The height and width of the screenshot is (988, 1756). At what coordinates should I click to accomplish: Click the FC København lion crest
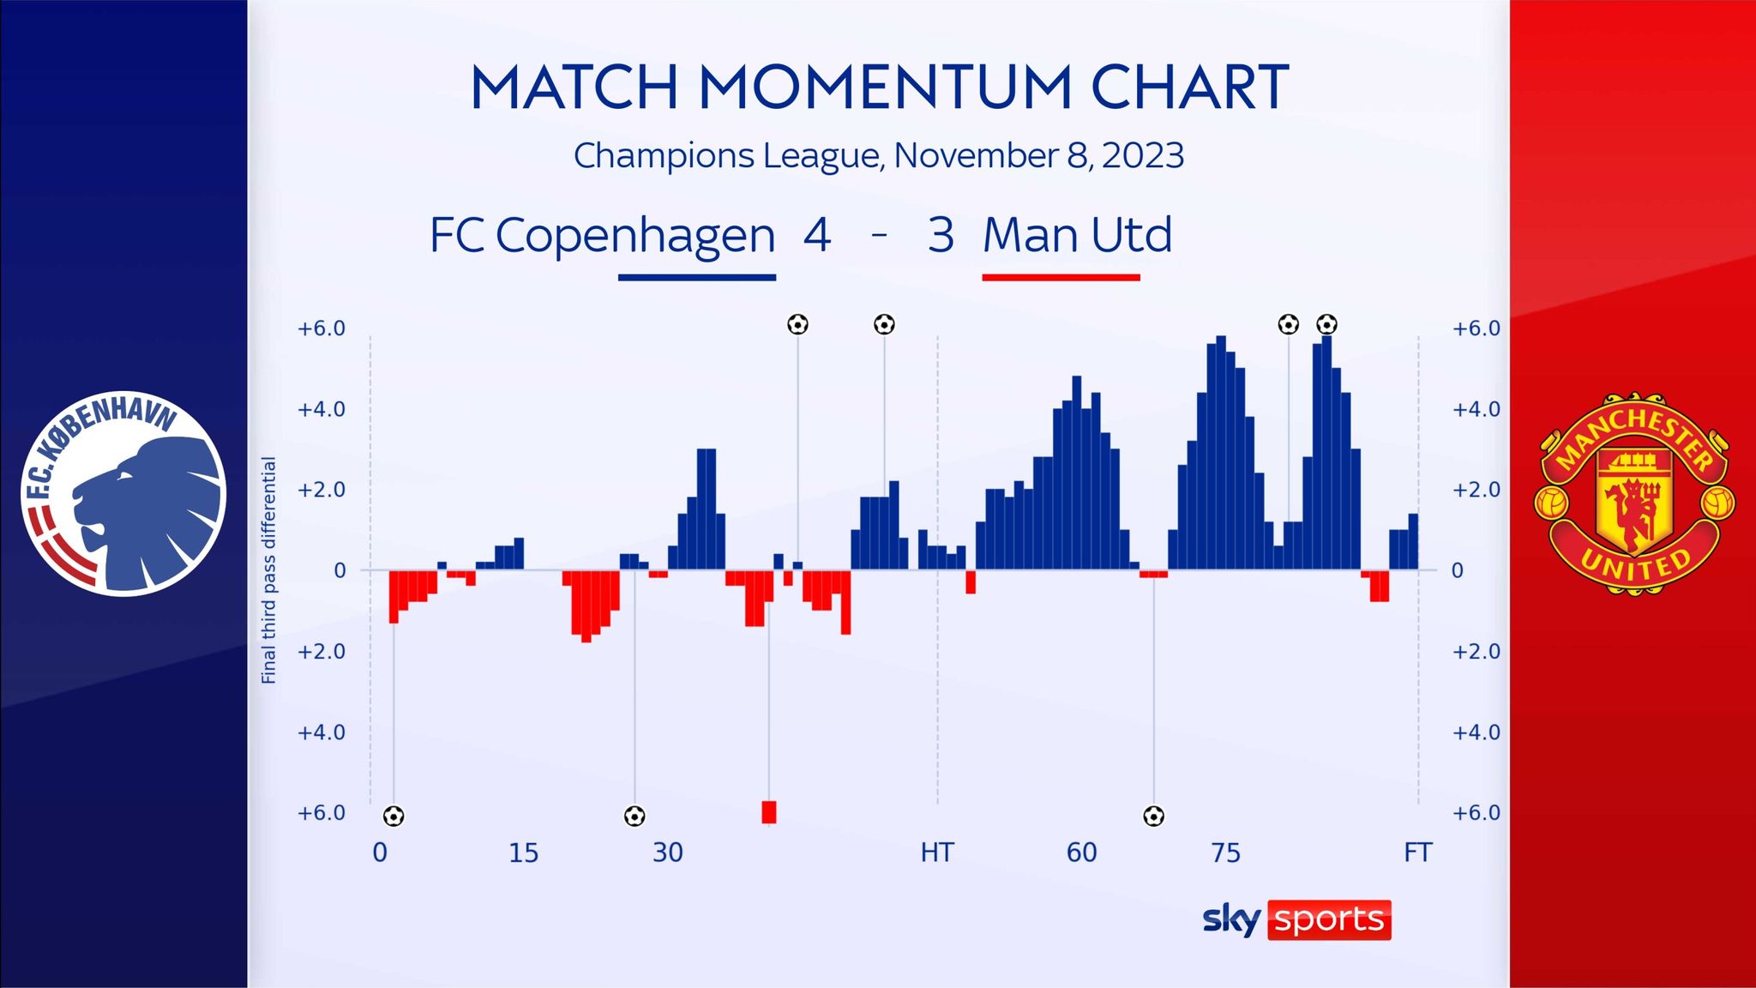tap(123, 494)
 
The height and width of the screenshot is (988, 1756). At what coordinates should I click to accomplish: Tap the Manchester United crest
tap(1633, 494)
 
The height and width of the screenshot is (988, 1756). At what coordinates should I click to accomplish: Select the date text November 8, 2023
tap(1038, 156)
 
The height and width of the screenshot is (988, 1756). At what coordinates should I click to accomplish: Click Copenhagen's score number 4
tap(816, 235)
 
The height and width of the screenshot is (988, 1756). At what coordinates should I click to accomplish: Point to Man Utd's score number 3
tap(941, 235)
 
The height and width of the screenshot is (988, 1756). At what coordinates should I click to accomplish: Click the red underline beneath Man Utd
tap(1061, 277)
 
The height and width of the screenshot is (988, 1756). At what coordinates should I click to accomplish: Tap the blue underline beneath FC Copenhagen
tap(697, 277)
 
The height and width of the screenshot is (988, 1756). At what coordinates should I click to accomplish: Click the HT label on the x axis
tap(937, 852)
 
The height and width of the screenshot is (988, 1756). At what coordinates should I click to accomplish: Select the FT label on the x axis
tap(1417, 852)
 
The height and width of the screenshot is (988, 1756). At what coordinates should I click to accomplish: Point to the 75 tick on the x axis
tap(1225, 852)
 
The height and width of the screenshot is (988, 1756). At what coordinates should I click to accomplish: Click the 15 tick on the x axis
tap(523, 852)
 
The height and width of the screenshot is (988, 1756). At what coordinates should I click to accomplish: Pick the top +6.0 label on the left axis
tap(321, 328)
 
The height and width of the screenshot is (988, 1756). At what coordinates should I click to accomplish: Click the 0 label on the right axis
tap(1457, 571)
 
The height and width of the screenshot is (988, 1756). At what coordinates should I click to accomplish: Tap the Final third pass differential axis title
tap(269, 570)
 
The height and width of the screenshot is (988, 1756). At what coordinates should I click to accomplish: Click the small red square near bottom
tap(769, 811)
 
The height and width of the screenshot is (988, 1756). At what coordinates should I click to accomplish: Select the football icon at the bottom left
tap(394, 816)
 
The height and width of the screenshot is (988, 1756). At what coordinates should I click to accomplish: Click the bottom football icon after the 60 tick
tap(1154, 816)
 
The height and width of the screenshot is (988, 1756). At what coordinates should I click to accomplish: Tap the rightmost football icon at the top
tap(1326, 324)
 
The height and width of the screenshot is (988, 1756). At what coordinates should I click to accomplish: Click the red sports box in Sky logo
tap(1329, 919)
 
